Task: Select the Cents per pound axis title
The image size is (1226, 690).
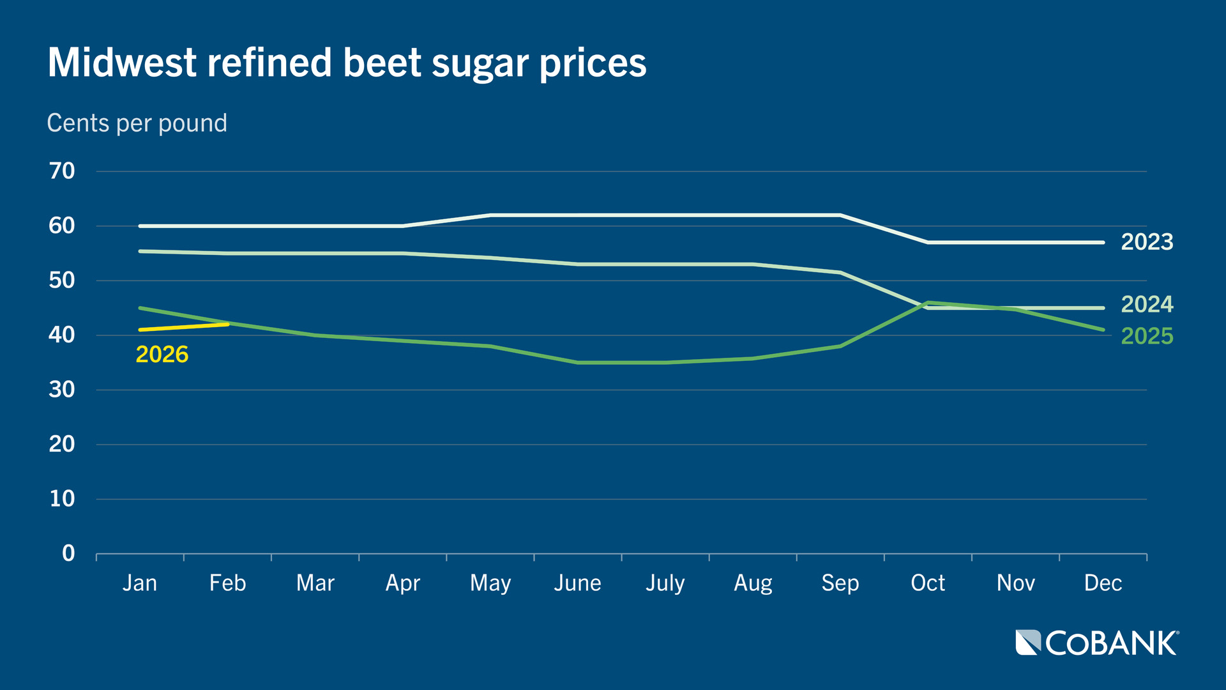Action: click(x=137, y=123)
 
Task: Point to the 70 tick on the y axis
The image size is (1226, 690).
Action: click(x=62, y=171)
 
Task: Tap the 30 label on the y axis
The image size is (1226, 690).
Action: click(x=62, y=389)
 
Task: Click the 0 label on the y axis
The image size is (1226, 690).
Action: click(x=68, y=553)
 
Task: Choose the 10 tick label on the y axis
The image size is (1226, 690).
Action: click(x=62, y=498)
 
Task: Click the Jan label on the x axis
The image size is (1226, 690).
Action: click(x=139, y=583)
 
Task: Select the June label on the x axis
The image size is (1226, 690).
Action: click(x=577, y=583)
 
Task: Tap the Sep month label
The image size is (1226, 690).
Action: click(x=840, y=583)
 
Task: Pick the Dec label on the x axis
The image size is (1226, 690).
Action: click(x=1103, y=583)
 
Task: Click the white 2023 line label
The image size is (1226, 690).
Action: click(x=1147, y=242)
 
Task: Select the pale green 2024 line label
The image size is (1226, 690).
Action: click(x=1147, y=304)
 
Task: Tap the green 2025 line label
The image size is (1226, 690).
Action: click(x=1147, y=336)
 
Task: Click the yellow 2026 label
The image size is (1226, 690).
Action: click(x=162, y=355)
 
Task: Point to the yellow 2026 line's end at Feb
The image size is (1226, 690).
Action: click(x=227, y=324)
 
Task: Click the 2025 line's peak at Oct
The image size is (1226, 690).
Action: click(x=927, y=302)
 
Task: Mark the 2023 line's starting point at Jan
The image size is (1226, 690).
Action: click(x=140, y=226)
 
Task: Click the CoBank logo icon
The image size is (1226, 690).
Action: click(x=1028, y=642)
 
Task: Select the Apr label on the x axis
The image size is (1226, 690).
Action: click(x=402, y=583)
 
